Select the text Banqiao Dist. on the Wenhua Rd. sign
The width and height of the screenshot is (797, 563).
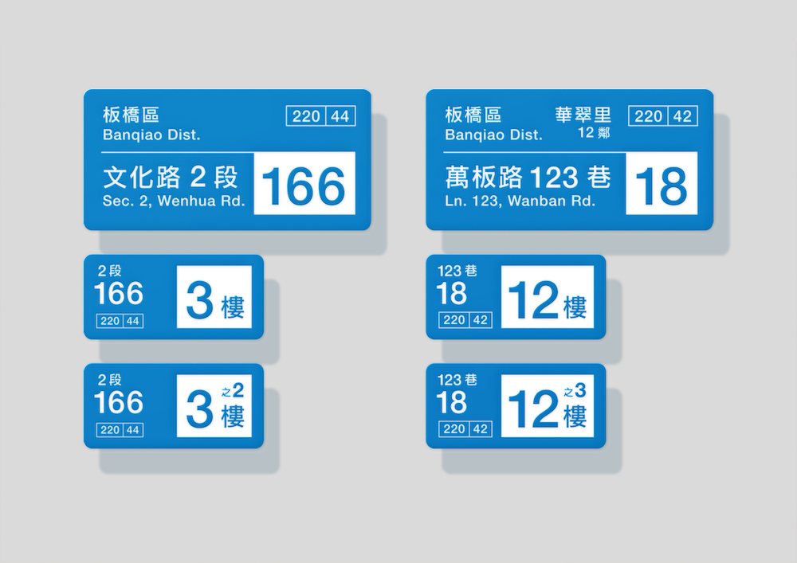(151, 135)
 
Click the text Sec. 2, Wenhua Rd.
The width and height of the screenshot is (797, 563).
(174, 201)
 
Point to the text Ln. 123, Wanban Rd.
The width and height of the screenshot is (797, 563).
(520, 201)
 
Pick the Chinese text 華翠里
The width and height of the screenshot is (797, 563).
(583, 115)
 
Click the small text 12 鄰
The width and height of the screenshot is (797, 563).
(594, 132)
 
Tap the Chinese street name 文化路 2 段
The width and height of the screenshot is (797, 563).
(171, 177)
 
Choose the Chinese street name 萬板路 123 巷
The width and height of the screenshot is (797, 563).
(528, 177)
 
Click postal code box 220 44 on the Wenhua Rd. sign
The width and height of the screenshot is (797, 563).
(320, 116)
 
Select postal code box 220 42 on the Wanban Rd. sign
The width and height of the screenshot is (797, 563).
(663, 116)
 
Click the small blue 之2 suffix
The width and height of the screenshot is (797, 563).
(233, 390)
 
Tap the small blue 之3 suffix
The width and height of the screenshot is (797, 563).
(575, 390)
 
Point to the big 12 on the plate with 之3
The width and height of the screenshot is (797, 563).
(533, 409)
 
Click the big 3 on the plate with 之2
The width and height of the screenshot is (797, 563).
(199, 409)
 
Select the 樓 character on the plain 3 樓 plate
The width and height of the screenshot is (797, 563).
(233, 307)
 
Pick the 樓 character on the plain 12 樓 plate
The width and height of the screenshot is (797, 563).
(575, 307)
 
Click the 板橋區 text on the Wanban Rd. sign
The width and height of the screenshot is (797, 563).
(473, 115)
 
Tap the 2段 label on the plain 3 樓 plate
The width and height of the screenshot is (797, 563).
(110, 271)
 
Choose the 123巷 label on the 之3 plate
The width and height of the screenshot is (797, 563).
(457, 380)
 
